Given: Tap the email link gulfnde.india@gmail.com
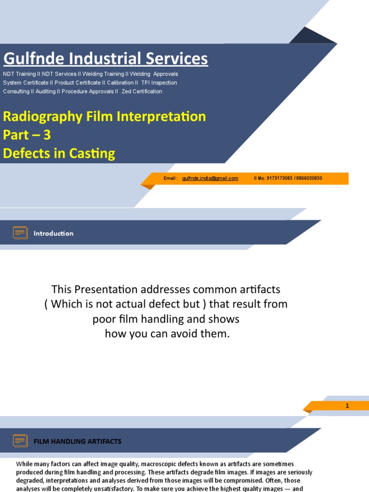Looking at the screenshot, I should (210, 178).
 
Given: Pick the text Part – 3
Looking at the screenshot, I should (27, 135).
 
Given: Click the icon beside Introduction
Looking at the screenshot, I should (20, 233).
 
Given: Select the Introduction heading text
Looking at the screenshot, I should (53, 234).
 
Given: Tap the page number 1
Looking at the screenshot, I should (347, 406).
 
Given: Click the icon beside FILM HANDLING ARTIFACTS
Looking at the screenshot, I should (20, 441).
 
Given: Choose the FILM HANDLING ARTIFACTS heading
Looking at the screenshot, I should (77, 441).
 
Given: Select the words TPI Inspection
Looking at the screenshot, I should (159, 83).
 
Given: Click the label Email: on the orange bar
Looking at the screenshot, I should (171, 178).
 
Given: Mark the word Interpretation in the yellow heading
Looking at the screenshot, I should (162, 116).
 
